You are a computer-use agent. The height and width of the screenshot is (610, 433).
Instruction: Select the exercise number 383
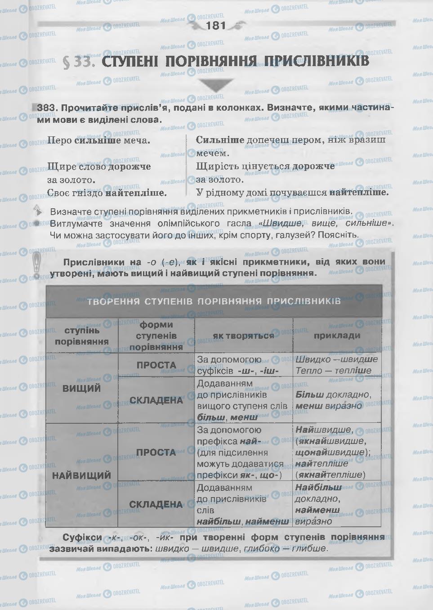click(47, 108)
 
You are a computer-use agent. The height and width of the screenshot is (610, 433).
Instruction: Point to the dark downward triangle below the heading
click(216, 85)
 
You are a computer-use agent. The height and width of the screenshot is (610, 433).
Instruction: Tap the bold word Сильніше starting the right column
click(220, 140)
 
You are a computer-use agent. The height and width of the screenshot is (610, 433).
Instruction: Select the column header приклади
click(337, 335)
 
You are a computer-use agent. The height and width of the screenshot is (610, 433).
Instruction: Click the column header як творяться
click(243, 336)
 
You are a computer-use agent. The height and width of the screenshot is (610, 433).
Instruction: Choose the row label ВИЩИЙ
click(82, 388)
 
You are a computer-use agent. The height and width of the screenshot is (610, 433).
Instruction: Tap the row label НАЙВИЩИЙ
click(82, 475)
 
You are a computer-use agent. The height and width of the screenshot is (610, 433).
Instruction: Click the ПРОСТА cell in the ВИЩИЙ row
click(156, 365)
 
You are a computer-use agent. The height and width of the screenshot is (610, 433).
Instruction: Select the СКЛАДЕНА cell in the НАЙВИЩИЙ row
click(156, 504)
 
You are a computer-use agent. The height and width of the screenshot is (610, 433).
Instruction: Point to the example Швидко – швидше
click(336, 359)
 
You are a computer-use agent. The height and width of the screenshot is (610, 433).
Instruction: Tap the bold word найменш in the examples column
click(317, 510)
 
